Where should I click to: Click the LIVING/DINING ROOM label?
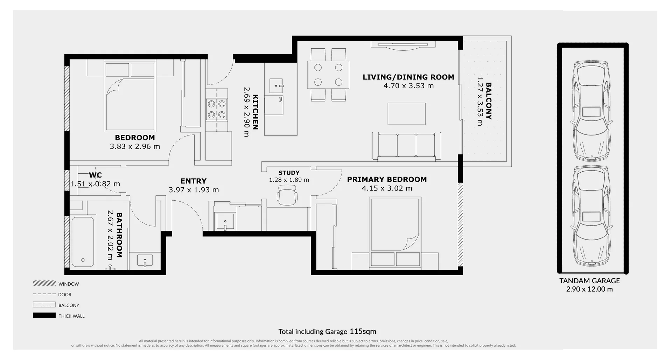point(408,77)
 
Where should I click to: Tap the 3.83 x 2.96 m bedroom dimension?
point(135,146)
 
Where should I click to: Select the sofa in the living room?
point(406,146)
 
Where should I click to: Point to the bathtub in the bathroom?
point(83,242)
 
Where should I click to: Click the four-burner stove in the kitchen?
point(217,109)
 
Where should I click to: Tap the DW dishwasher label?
point(281,99)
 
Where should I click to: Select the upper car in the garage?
point(591,110)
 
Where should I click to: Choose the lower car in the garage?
point(591,216)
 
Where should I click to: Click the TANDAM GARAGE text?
point(589,281)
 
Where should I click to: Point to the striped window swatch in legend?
point(44,283)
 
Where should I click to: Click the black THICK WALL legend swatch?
point(44,316)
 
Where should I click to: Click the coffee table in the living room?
point(406,114)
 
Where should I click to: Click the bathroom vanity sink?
point(145,261)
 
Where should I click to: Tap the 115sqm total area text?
point(362,331)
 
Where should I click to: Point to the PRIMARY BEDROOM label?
point(387,179)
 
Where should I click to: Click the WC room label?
point(95,175)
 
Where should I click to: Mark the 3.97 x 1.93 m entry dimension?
point(194,190)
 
